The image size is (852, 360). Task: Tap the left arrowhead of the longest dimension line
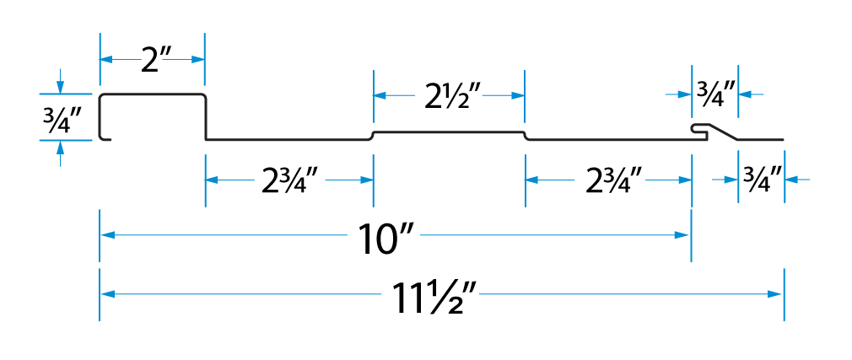click(107, 294)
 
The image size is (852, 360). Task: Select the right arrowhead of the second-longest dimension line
click(682, 235)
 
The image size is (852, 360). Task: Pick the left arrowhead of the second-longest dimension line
click(107, 235)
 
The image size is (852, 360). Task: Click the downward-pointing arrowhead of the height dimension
click(60, 87)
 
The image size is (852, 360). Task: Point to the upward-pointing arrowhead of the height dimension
click(60, 147)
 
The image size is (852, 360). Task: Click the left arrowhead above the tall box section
click(106, 60)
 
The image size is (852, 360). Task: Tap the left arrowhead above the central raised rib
click(380, 95)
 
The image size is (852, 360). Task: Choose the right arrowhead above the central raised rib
click(518, 95)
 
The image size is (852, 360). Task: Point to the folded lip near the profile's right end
click(698, 129)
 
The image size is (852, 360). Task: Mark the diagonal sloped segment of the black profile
click(725, 132)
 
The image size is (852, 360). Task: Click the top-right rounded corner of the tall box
click(203, 97)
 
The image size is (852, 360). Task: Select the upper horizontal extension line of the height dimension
click(66, 94)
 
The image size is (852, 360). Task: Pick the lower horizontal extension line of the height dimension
click(66, 140)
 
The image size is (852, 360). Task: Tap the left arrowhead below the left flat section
click(212, 180)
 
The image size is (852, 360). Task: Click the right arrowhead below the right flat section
click(684, 180)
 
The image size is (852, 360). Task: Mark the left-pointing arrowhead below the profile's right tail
click(791, 179)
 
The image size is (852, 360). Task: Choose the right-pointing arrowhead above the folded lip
click(685, 94)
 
